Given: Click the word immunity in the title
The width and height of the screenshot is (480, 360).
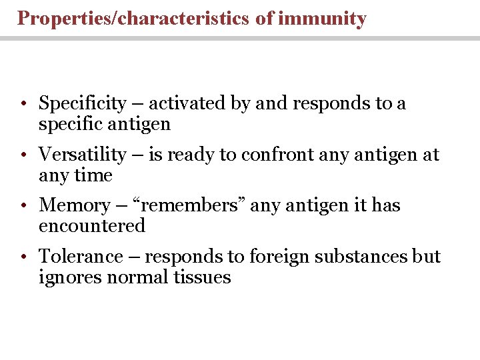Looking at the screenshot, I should (x=322, y=19).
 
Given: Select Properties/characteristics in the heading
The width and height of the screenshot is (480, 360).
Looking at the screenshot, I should (x=134, y=19).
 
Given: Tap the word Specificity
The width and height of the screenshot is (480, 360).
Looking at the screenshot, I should (x=83, y=103).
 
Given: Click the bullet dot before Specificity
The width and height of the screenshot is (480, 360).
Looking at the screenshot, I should (x=23, y=105).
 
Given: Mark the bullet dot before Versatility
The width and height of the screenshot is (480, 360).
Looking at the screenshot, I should (x=23, y=155).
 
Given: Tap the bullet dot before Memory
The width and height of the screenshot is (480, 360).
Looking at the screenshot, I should (x=23, y=206).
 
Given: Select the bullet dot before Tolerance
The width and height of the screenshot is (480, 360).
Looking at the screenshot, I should (x=23, y=257).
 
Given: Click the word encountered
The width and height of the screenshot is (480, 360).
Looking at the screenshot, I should (x=92, y=226).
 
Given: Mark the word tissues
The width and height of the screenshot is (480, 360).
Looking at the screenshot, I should (x=202, y=277).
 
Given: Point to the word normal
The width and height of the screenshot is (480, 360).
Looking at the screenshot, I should (x=139, y=277).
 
